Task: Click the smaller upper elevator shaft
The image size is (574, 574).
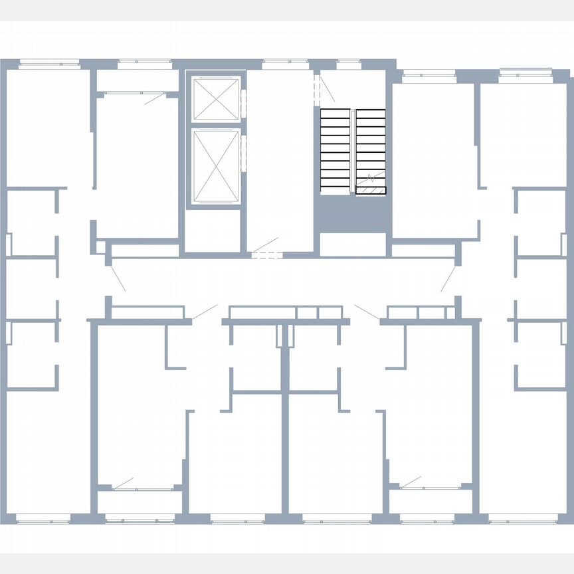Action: (x=215, y=99)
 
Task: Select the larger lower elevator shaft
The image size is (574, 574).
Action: (x=215, y=166)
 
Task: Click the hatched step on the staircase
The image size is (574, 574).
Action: (x=370, y=190)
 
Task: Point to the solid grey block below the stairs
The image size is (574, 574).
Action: (x=352, y=215)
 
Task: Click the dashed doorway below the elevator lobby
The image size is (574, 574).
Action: (x=266, y=254)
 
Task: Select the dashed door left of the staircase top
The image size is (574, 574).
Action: (x=317, y=87)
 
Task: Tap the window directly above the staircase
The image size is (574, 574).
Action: (x=349, y=64)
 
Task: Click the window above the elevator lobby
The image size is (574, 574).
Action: (x=284, y=64)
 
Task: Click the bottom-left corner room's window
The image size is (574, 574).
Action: (x=43, y=519)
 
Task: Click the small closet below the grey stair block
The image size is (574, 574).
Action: (x=352, y=244)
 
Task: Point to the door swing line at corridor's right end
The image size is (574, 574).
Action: (x=448, y=279)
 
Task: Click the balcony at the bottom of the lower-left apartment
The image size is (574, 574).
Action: (x=138, y=500)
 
